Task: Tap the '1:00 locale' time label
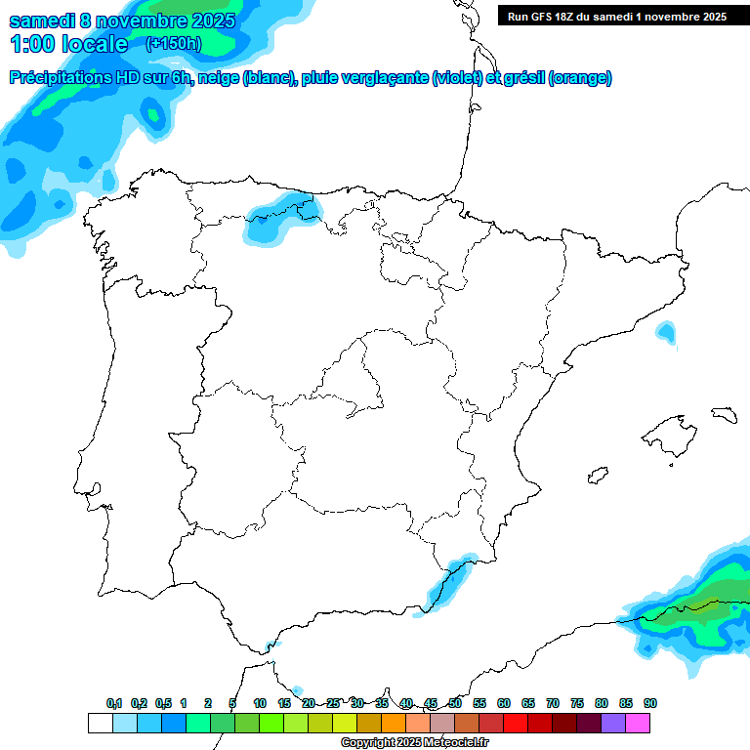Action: coord(68,44)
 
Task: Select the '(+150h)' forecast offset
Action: coord(173,43)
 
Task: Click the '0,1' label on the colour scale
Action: coord(114,703)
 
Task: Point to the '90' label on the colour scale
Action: coord(650,703)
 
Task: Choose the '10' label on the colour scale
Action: coord(260,703)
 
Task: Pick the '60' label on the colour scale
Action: coord(504,703)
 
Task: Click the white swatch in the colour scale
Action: coord(100,723)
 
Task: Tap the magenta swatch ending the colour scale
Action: coord(638,723)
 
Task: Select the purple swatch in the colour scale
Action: coord(613,723)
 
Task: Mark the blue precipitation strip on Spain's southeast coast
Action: coord(445,582)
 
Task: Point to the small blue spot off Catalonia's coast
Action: coord(666,333)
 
